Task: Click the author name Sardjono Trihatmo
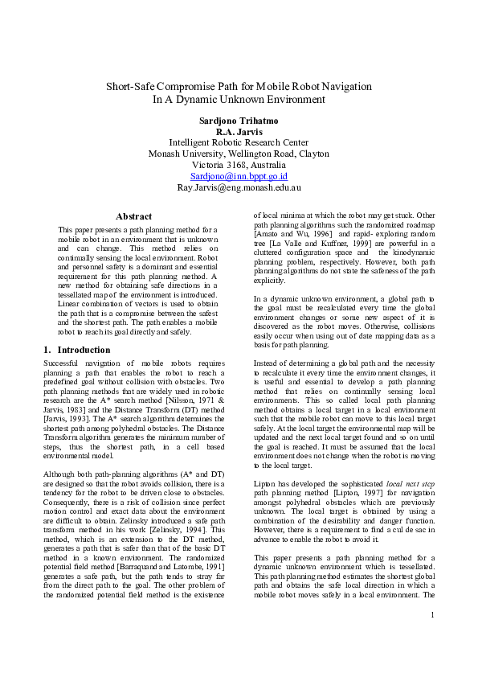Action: pos(239,120)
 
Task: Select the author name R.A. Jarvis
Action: pos(239,131)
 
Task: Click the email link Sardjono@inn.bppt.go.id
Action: pos(239,175)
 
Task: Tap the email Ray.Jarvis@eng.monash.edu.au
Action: pos(239,187)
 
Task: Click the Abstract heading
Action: pos(134,216)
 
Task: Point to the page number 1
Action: pos(432,638)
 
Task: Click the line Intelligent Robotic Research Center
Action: pos(239,142)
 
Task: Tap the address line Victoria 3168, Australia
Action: pos(239,164)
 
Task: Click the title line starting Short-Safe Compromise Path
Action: pos(239,86)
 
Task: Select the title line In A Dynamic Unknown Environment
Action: pos(239,100)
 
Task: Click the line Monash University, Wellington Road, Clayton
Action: pos(239,153)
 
